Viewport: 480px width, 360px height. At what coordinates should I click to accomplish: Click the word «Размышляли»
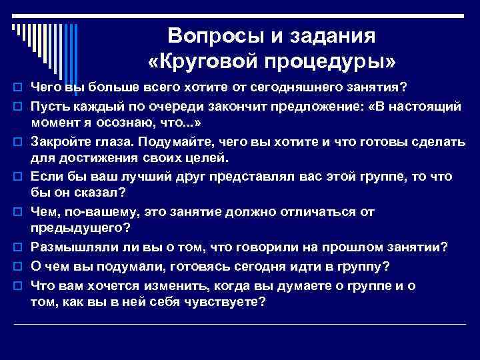click(73, 247)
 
